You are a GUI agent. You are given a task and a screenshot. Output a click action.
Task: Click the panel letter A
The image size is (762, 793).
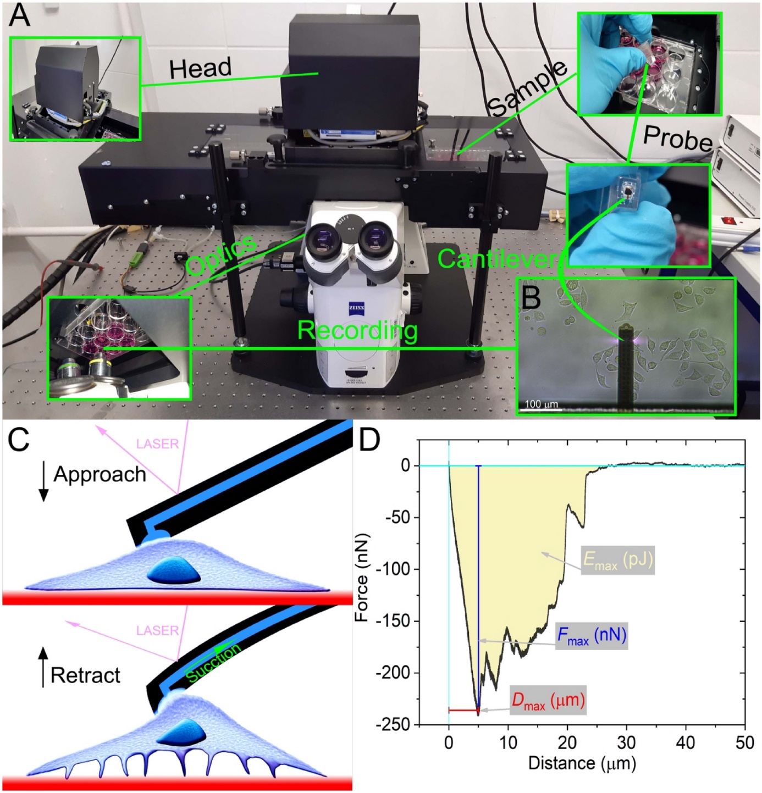click(19, 16)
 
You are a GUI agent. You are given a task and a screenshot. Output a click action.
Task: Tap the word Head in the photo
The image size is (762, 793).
click(200, 68)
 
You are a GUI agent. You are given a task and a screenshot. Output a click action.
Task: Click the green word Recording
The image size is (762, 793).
click(357, 331)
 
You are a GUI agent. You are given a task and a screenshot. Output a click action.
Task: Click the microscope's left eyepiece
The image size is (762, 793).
click(325, 241)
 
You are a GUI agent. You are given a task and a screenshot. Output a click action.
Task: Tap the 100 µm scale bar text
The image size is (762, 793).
click(542, 404)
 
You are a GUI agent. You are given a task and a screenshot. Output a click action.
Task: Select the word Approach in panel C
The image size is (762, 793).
click(100, 475)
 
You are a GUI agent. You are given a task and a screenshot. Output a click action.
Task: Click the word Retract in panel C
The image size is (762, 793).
click(85, 675)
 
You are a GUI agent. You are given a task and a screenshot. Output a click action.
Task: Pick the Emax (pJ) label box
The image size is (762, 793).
click(618, 560)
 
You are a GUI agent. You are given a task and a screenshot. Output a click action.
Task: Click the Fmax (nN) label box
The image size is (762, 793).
click(592, 636)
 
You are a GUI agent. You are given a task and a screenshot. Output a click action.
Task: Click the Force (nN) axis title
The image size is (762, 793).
click(361, 577)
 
